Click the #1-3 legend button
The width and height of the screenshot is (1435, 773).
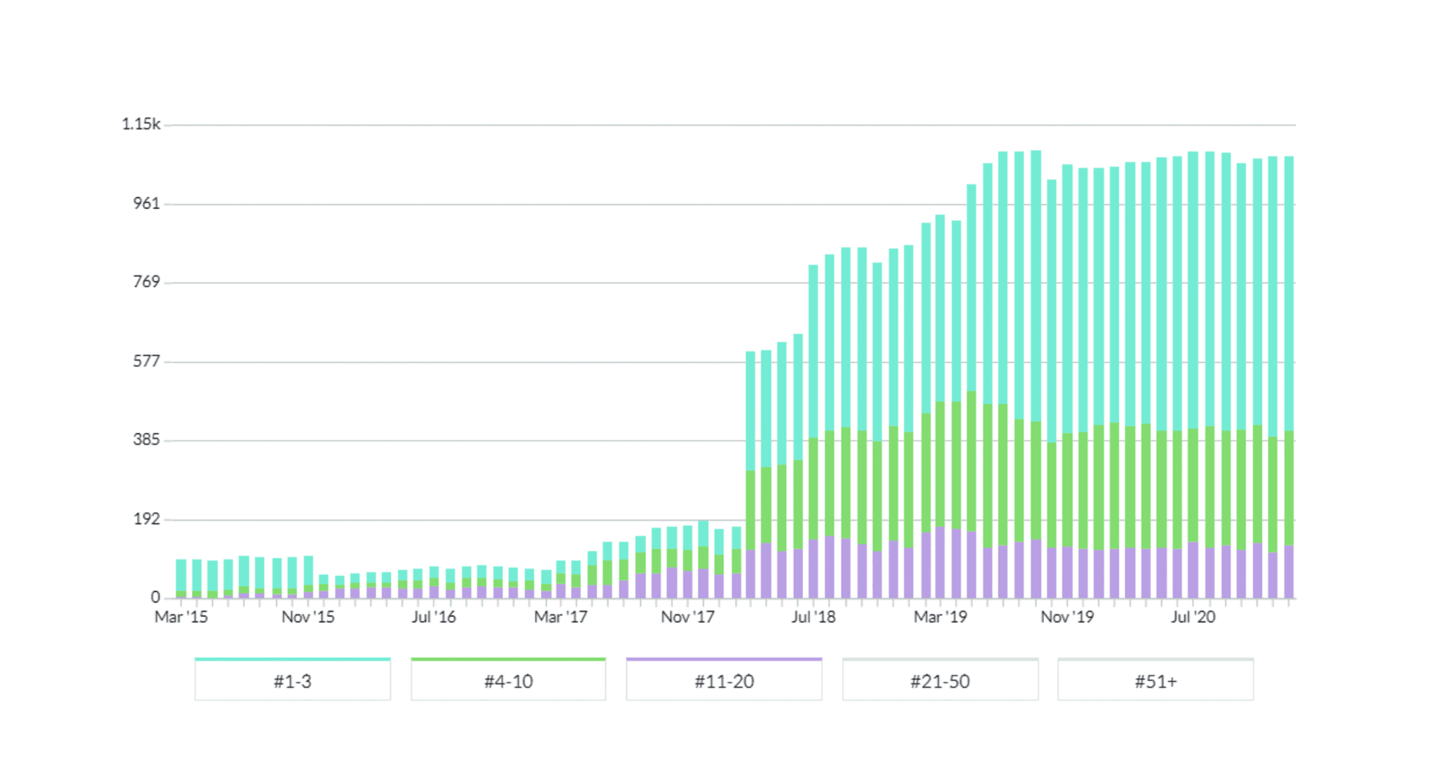292,680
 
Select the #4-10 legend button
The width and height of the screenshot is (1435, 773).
508,680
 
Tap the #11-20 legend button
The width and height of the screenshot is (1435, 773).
724,680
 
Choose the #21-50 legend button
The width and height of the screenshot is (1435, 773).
940,680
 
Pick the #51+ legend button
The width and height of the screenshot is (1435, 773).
1155,680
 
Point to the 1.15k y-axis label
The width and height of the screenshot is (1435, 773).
141,124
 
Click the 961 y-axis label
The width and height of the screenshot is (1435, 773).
146,203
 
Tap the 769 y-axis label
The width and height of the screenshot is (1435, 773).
146,282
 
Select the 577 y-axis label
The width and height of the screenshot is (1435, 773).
146,361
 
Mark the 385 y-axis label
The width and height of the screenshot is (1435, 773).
146,439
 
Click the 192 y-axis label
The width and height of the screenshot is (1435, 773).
146,519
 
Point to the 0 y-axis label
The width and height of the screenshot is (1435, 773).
155,597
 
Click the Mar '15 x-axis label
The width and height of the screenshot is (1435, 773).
181,617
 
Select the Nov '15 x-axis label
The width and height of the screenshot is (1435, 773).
308,617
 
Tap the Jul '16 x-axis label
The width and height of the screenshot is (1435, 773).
434,617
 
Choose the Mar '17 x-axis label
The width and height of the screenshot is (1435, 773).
561,617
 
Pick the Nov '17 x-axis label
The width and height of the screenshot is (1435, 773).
687,617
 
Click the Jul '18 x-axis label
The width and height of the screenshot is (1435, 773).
813,617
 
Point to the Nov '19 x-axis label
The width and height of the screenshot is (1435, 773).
1067,617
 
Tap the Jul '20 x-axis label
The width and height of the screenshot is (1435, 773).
1193,617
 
